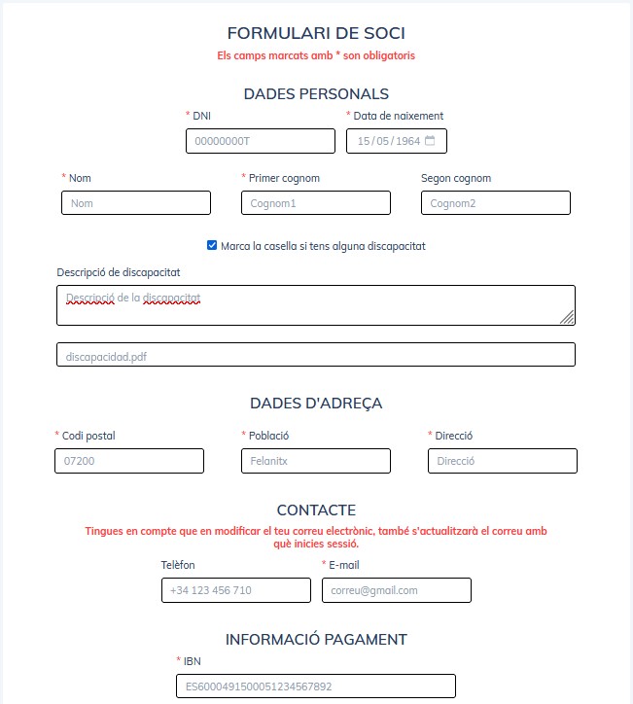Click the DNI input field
tap(261, 141)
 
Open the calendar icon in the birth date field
tap(430, 141)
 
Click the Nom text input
tap(136, 203)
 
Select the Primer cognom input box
tap(316, 203)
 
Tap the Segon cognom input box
tap(496, 203)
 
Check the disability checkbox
tap(212, 246)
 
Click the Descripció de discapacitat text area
tap(316, 304)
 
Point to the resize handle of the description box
tap(567, 316)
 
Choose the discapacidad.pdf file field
tap(316, 355)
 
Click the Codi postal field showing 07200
tap(129, 461)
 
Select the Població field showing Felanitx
tap(316, 461)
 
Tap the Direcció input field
tap(503, 461)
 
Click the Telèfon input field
tap(236, 590)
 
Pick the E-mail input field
tap(397, 590)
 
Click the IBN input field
tap(316, 686)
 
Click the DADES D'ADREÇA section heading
tap(316, 404)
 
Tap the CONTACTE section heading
tap(316, 510)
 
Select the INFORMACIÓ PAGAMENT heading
tap(316, 640)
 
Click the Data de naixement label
tap(398, 116)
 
